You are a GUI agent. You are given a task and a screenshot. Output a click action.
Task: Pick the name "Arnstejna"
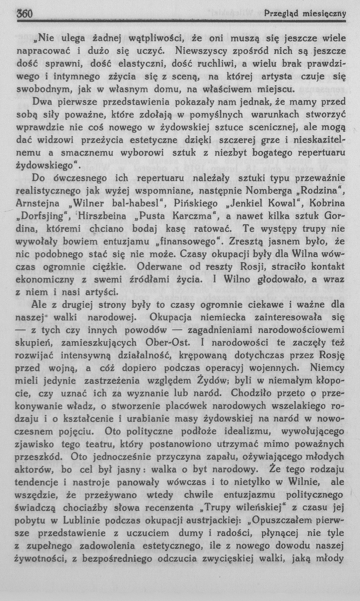pyautogui.click(x=37, y=203)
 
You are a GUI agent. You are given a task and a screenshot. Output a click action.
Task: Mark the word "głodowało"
pyautogui.click(x=271, y=279)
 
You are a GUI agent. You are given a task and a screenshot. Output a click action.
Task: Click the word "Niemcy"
pyautogui.click(x=327, y=368)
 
